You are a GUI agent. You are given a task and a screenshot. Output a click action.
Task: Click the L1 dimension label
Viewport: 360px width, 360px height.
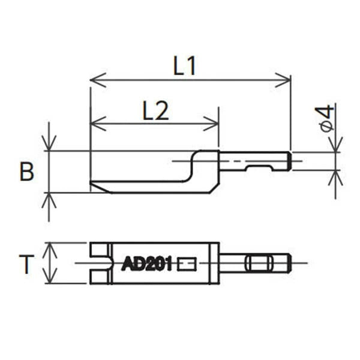point(185,65)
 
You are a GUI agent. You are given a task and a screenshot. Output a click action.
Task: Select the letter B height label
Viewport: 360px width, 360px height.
point(26,172)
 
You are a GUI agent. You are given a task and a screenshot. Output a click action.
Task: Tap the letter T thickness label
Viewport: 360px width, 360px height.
point(26,264)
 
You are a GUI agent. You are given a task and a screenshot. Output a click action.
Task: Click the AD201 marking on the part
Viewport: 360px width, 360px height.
point(147,263)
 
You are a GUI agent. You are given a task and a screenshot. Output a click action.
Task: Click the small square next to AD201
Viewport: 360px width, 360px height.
point(187,263)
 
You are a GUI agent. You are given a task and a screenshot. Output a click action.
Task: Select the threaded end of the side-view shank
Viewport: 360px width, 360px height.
point(289,161)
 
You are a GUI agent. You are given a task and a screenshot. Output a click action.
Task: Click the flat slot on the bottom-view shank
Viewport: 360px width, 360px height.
point(259,263)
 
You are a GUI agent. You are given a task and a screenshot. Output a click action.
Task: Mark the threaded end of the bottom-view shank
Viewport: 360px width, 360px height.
point(289,263)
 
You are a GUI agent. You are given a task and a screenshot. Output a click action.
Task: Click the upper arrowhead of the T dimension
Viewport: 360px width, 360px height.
point(51,248)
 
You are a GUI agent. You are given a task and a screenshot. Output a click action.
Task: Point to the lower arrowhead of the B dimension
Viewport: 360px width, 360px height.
point(49,199)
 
